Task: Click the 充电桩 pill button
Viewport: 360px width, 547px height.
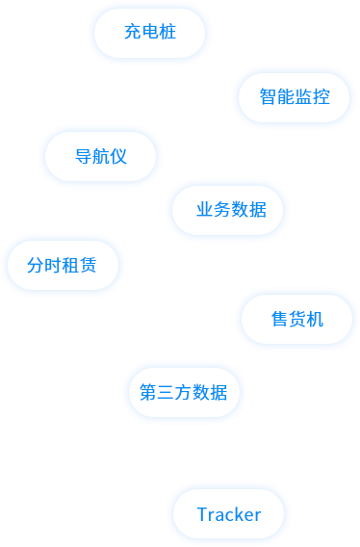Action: [x=149, y=33]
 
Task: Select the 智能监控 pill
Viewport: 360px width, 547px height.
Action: [x=294, y=97]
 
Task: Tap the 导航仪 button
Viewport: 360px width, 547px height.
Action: [x=100, y=157]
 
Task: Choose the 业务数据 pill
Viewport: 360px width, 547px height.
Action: [x=227, y=211]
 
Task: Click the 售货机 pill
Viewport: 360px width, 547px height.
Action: [x=296, y=319]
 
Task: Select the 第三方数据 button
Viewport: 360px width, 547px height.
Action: [x=184, y=393]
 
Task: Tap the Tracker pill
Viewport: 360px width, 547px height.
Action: [x=228, y=514]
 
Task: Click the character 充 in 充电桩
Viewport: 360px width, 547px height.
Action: [x=133, y=33]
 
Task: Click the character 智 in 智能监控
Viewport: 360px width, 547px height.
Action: [x=268, y=97]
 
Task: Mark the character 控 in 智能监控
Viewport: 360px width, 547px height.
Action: [x=321, y=97]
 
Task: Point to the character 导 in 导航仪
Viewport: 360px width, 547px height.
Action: [x=83, y=157]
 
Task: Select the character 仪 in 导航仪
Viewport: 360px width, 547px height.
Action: [x=118, y=157]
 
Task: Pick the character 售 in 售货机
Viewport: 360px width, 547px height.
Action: [x=279, y=319]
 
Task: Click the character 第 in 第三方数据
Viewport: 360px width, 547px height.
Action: [x=149, y=393]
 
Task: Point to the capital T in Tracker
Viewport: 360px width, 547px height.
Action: [x=202, y=514]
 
